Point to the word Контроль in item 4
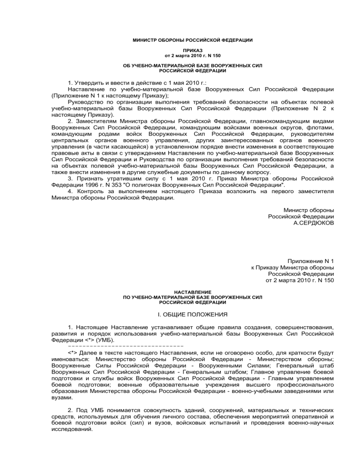tap(92, 191)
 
